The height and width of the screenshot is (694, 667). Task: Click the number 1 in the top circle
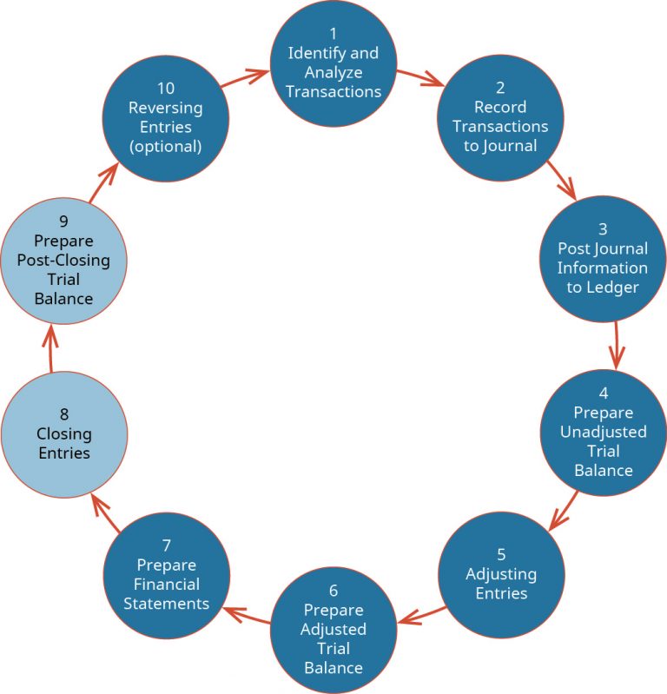coord(333,34)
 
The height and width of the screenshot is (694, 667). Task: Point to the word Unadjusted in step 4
coord(603,432)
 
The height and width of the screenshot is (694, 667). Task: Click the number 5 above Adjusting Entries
coord(500,554)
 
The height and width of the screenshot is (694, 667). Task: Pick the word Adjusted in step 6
coord(333,629)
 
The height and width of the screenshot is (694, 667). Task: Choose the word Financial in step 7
coord(167,584)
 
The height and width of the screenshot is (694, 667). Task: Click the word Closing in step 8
coord(64,434)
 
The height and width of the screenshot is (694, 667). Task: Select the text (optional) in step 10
coord(165,146)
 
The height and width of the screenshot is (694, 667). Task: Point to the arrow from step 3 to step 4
coord(617,346)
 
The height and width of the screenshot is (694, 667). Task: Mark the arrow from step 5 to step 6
coord(423,614)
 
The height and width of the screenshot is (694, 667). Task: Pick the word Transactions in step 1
coord(333,91)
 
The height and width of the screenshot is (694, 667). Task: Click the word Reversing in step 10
coord(165,108)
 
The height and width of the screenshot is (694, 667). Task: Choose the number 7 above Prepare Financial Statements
coord(166,545)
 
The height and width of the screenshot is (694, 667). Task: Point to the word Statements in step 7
coord(167,603)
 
